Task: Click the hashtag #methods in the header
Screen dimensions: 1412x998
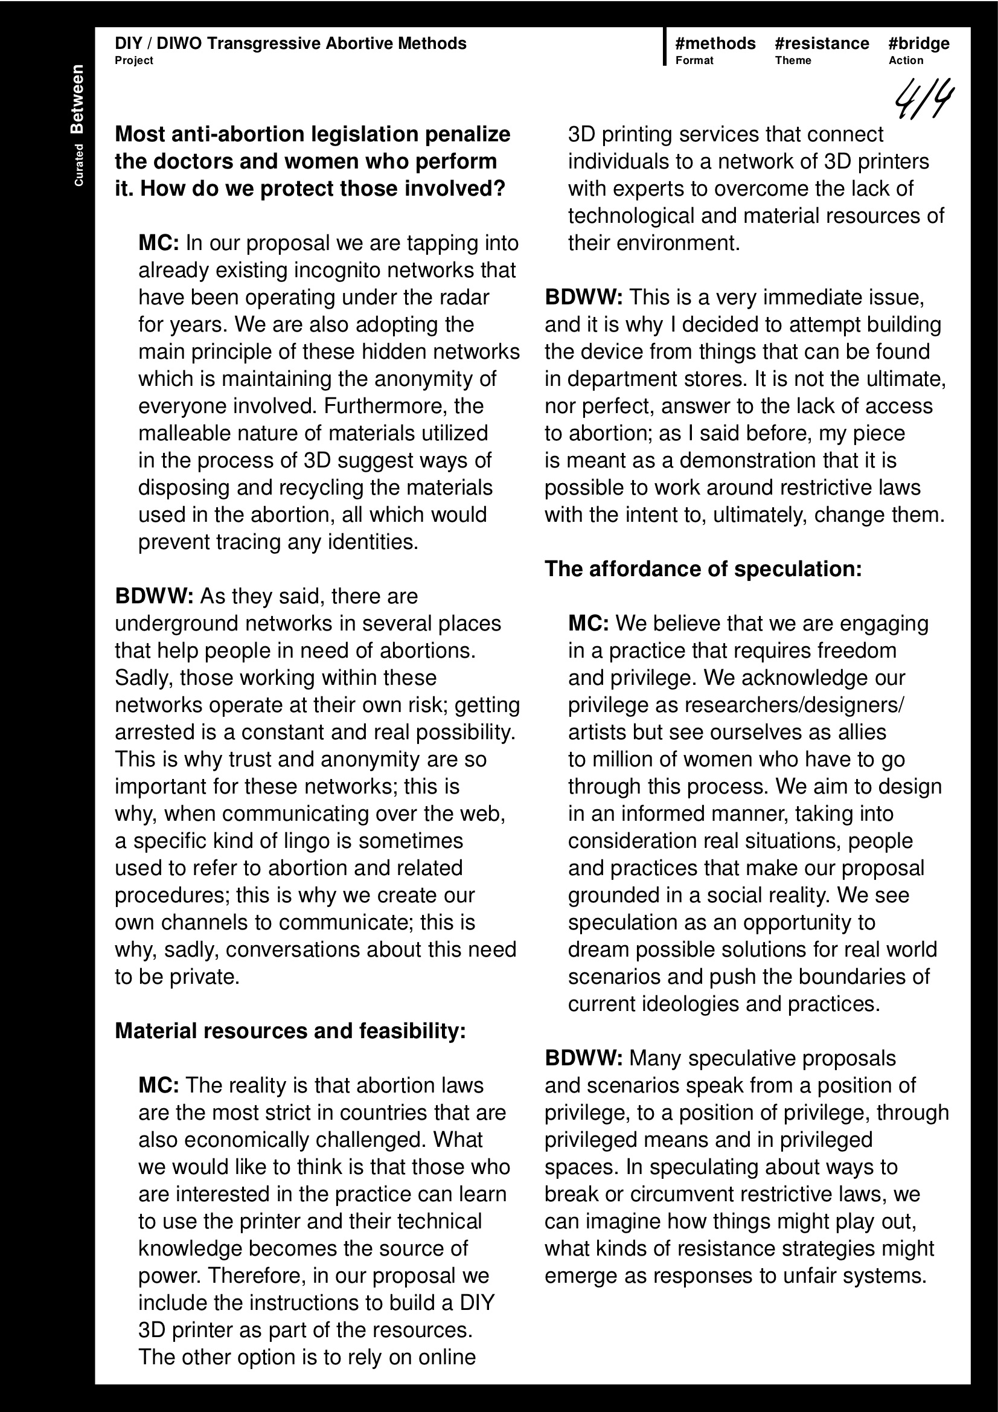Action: click(715, 43)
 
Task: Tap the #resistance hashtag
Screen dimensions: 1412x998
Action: click(822, 43)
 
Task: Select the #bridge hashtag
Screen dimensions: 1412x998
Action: click(919, 43)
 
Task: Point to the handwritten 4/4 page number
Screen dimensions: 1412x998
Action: click(924, 98)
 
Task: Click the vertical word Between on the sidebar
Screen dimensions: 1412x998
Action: click(77, 99)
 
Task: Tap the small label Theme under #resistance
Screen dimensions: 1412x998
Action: click(793, 60)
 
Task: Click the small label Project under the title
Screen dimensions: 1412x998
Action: click(133, 60)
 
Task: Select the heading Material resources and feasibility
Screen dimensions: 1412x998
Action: click(290, 1031)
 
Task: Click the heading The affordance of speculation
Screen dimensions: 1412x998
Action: click(703, 569)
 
